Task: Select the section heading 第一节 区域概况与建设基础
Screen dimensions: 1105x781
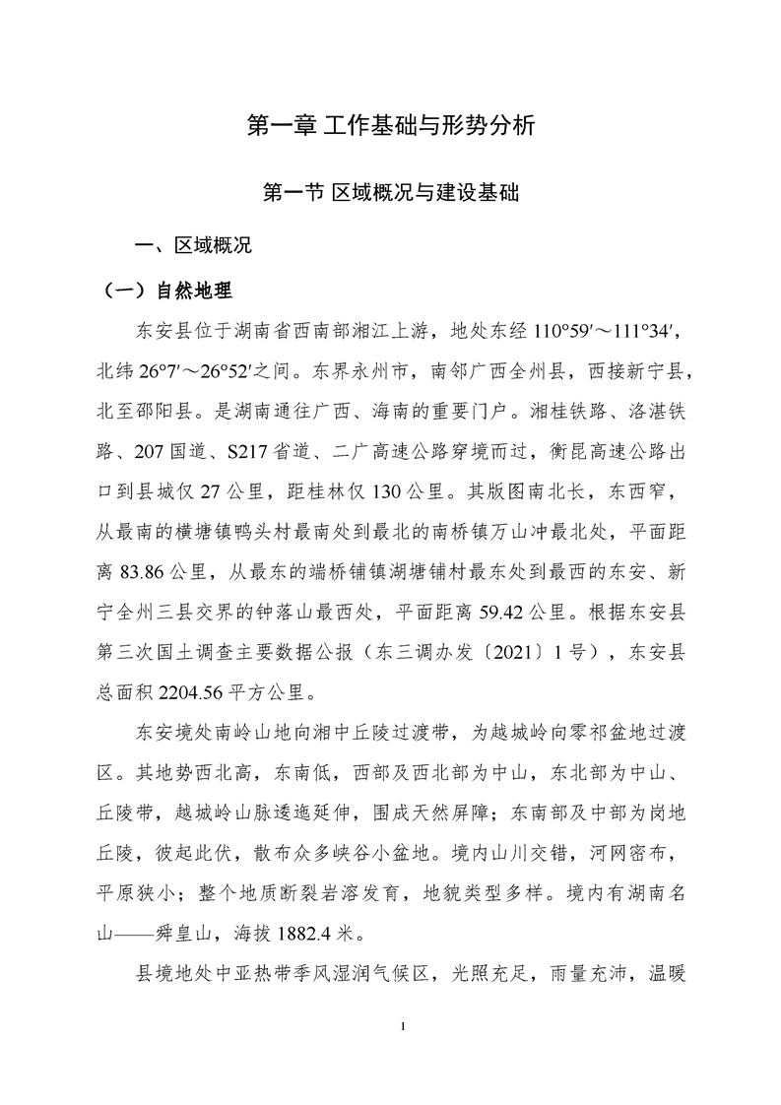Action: [x=390, y=193]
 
